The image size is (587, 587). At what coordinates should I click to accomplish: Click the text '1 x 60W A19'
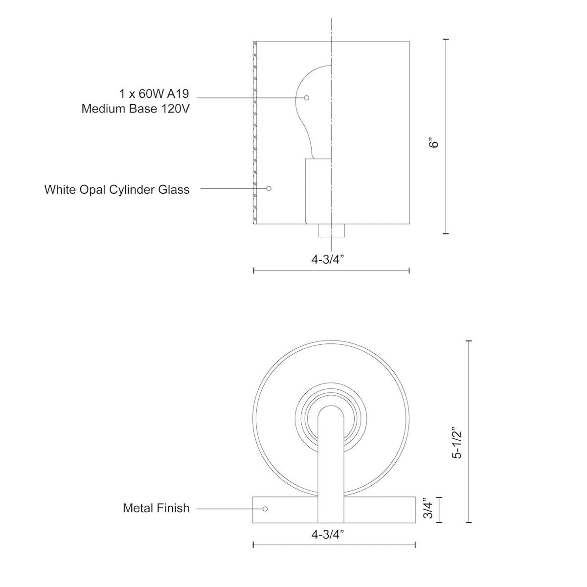pos(154,93)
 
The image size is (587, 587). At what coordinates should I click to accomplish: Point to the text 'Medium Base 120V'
pos(135,109)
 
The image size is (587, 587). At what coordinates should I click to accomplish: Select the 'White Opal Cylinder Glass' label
pos(117,189)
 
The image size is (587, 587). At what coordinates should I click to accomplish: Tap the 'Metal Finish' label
pos(156,508)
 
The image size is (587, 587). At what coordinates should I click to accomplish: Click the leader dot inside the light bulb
pos(307,98)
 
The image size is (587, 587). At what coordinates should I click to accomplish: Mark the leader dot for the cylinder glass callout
pos(268,188)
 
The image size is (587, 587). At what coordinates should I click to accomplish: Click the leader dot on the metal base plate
pos(265,509)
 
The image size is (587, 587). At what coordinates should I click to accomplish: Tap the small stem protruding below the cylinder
pos(332,230)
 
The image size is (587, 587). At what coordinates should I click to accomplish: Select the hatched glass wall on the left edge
pos(254,132)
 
